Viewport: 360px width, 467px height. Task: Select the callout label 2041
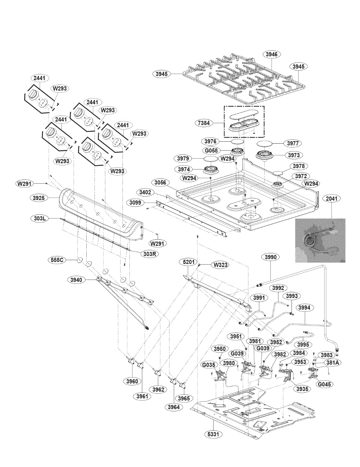point(333,198)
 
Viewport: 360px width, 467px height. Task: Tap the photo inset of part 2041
point(320,241)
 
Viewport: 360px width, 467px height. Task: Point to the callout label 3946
point(272,54)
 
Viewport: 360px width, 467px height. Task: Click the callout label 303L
point(38,218)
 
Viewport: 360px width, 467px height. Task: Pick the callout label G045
point(326,384)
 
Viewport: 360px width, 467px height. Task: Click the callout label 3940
point(76,279)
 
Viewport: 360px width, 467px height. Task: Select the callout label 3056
point(160,182)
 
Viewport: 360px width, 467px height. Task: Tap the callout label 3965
point(185,398)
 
